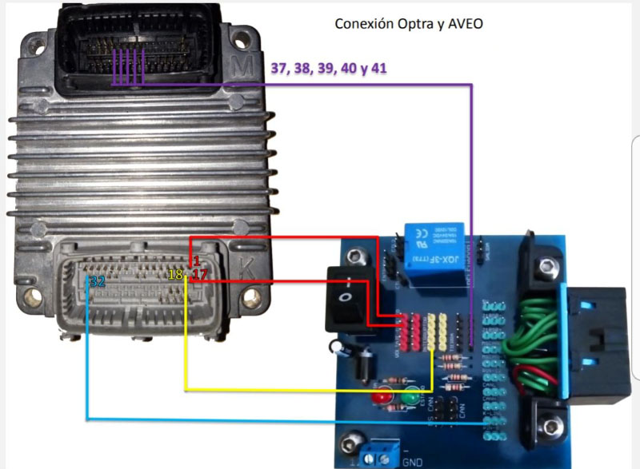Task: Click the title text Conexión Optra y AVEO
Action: click(x=408, y=23)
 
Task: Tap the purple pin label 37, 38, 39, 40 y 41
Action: click(x=329, y=69)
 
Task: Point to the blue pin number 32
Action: click(x=97, y=281)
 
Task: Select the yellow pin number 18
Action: click(x=177, y=275)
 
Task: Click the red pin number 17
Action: click(x=200, y=275)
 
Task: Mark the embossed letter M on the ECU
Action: click(x=237, y=62)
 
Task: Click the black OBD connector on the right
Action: click(x=596, y=340)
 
